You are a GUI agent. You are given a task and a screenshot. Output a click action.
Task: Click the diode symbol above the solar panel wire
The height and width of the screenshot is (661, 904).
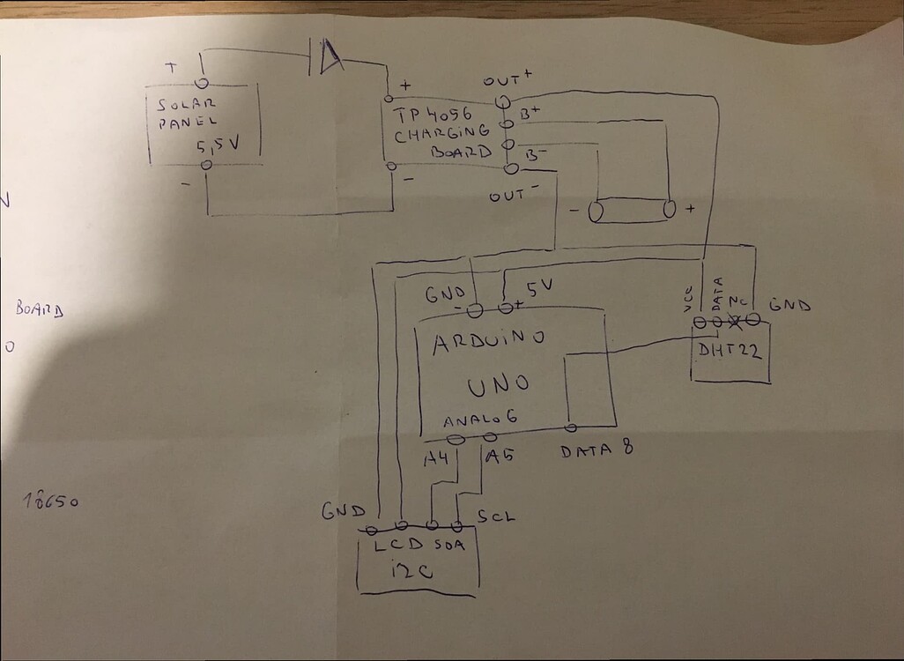326,57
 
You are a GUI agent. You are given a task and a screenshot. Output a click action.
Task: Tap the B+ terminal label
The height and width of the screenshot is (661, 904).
530,113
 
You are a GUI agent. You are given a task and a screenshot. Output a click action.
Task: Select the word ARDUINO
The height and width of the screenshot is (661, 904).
488,341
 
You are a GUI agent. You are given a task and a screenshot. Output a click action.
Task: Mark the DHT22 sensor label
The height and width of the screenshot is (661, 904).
730,352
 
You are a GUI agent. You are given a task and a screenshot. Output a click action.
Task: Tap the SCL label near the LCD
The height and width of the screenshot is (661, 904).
495,516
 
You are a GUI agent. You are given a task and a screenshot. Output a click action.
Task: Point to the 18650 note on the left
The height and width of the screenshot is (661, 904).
51,501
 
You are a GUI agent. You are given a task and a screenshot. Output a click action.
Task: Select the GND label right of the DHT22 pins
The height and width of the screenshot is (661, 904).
789,306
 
